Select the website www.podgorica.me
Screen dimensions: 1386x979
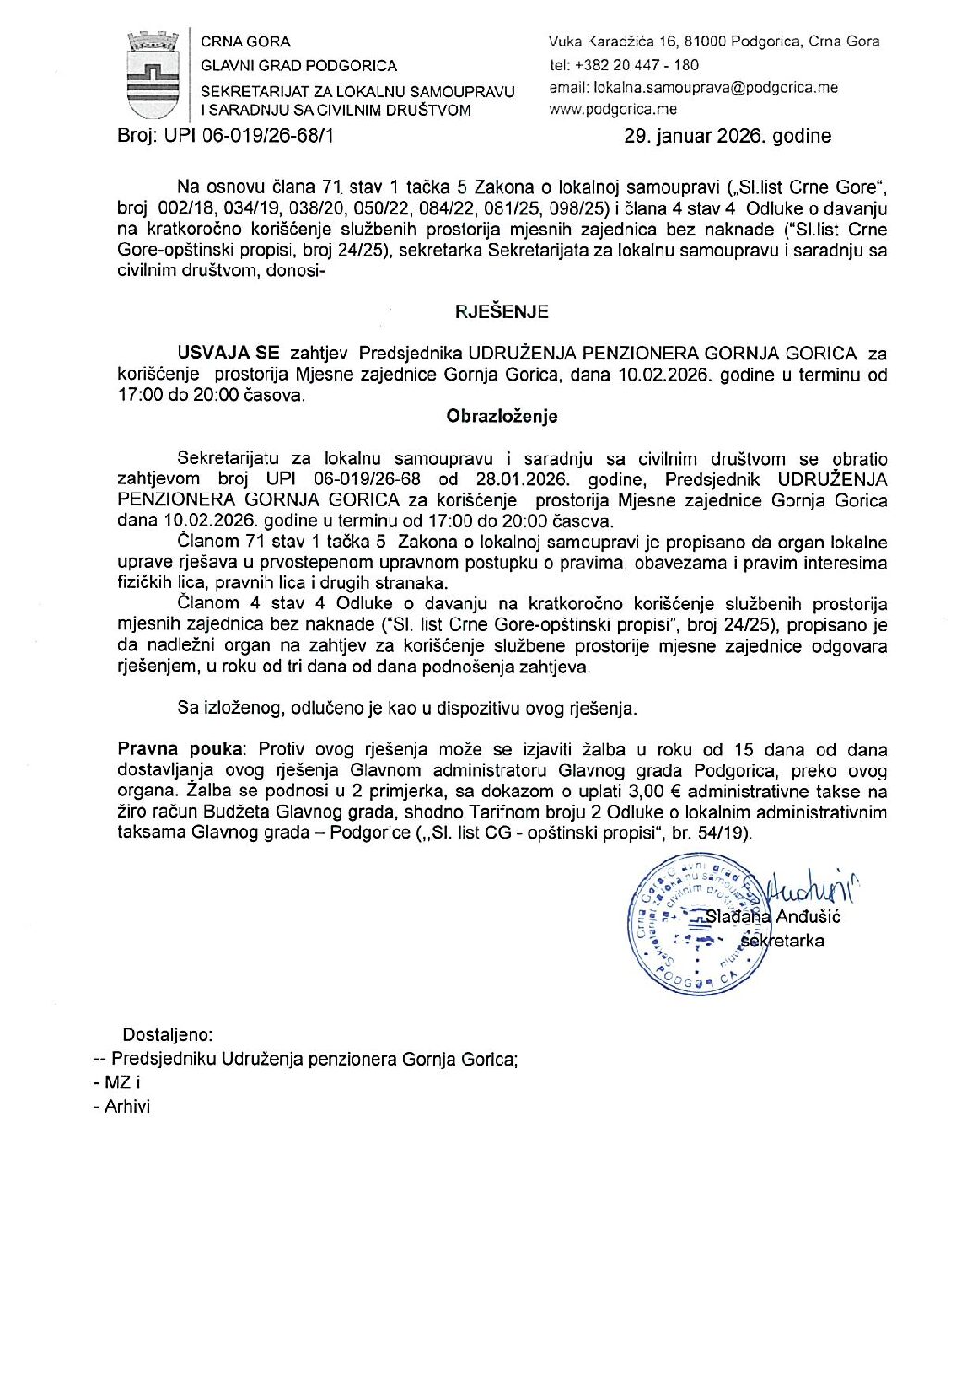613,109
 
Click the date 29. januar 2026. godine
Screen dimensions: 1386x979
727,136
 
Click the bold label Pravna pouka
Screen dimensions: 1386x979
181,750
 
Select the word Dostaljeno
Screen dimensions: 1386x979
167,1035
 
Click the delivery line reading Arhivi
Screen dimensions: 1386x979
127,1106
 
